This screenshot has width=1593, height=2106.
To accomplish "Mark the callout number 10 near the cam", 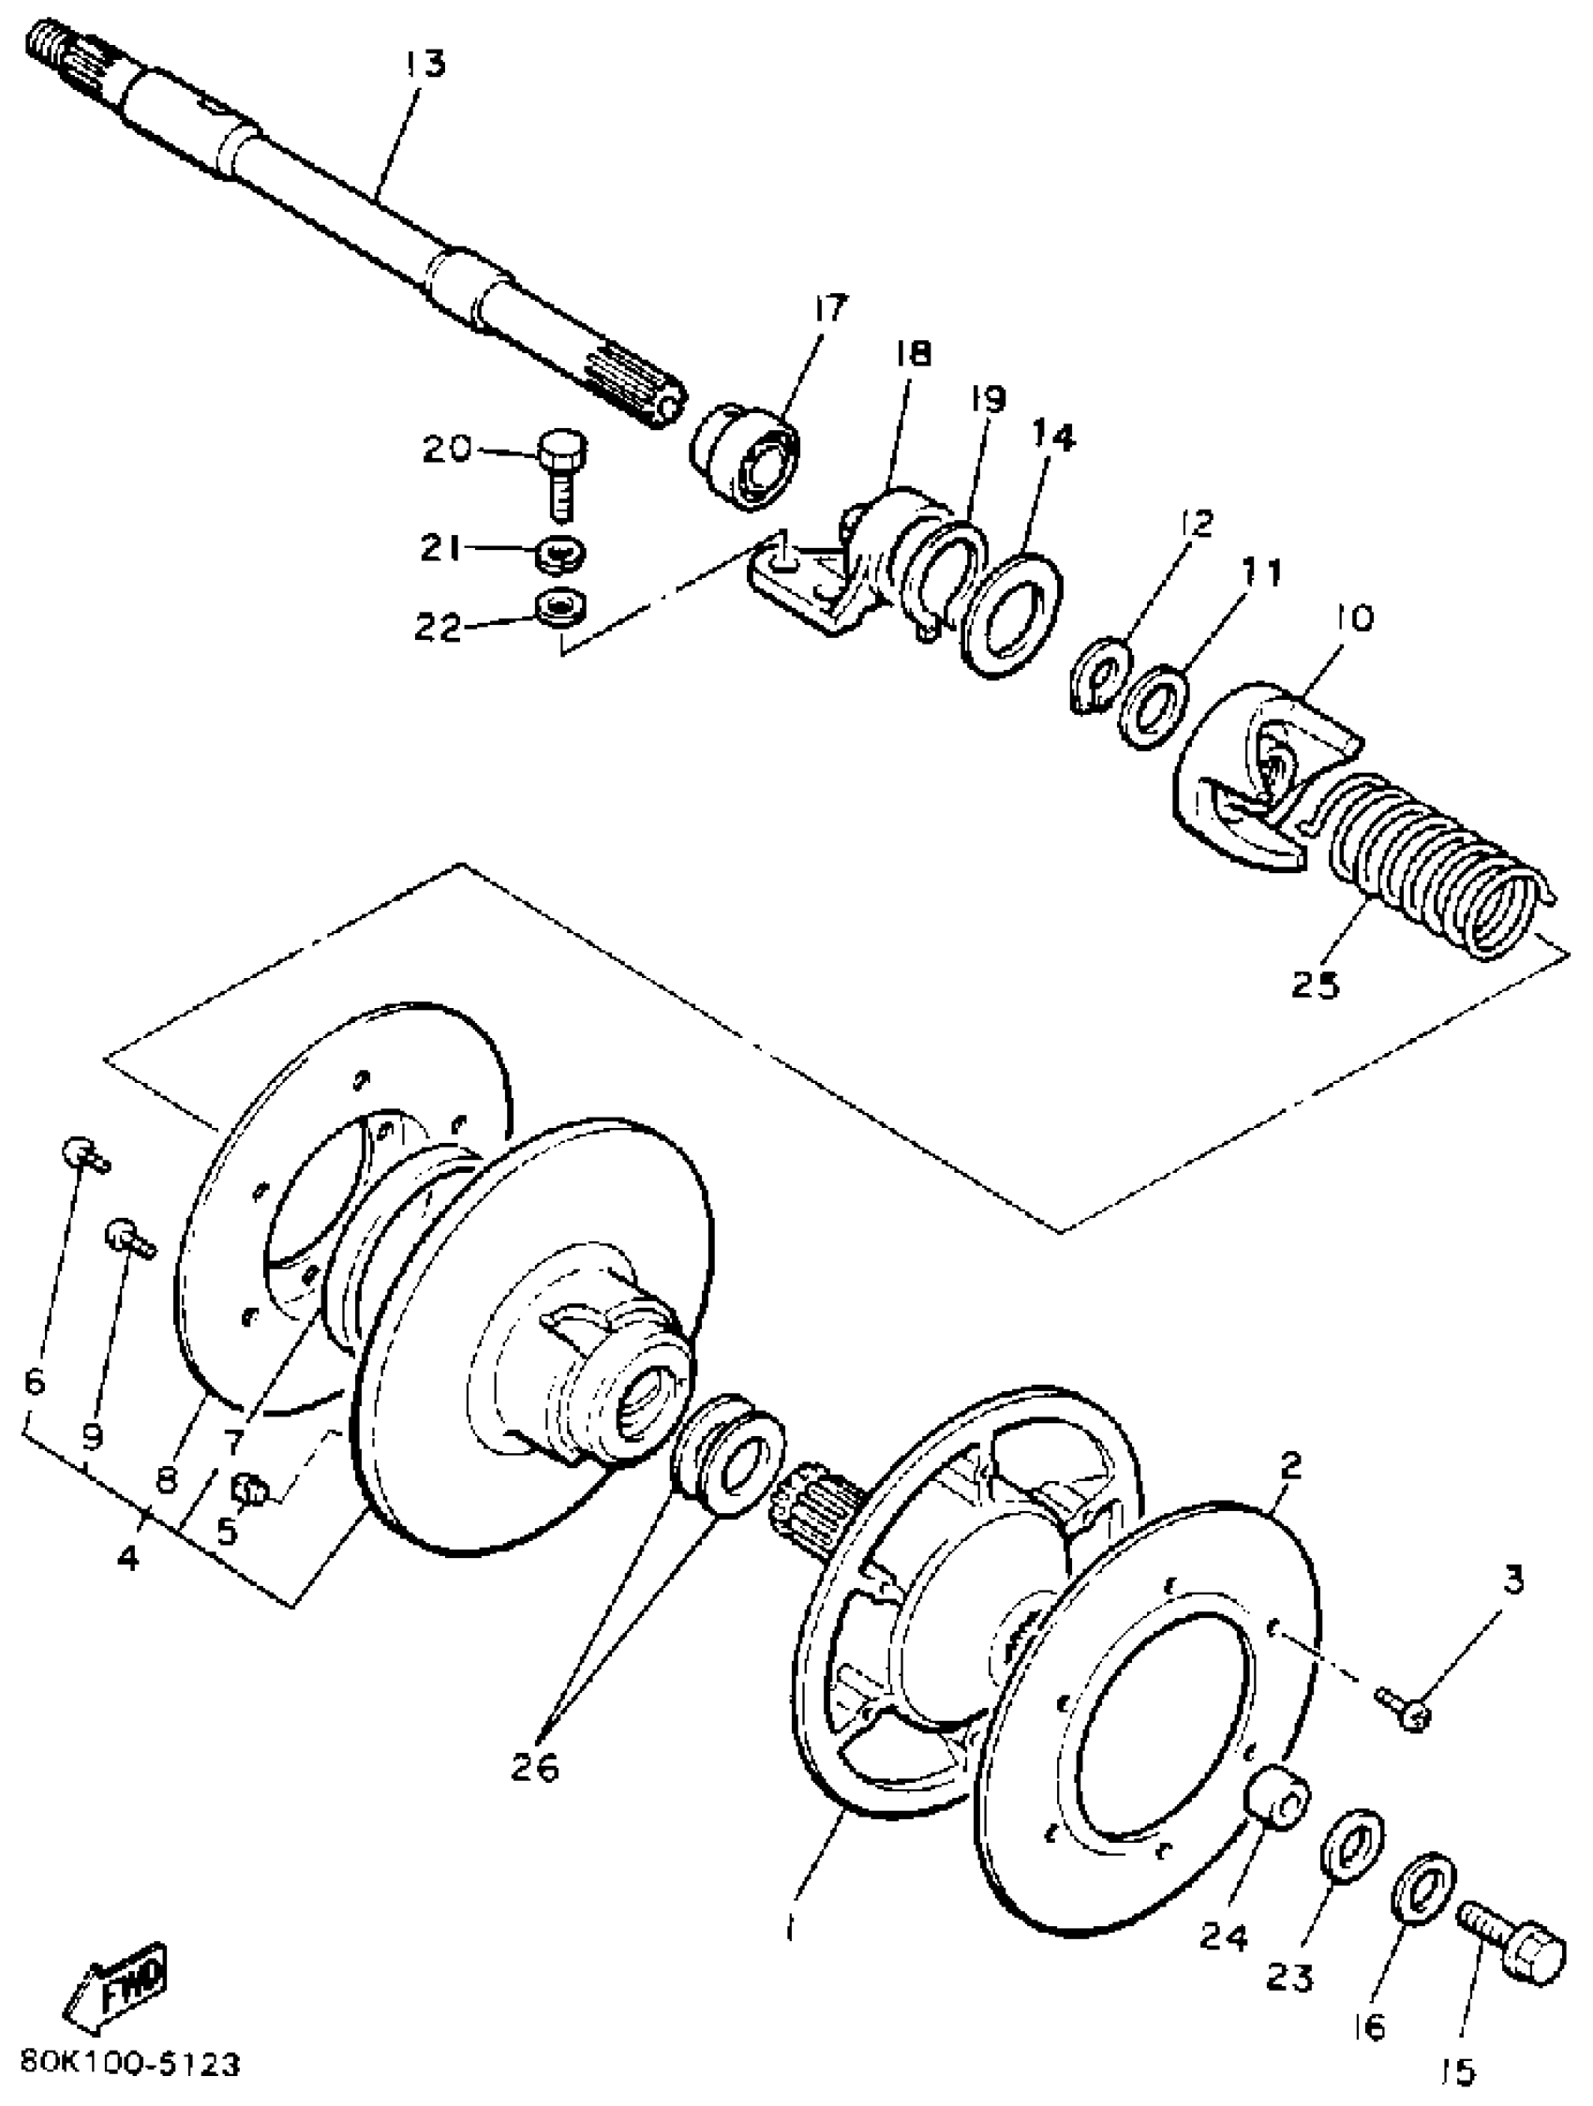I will point(1354,619).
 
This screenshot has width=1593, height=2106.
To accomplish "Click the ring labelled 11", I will point(1154,704).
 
